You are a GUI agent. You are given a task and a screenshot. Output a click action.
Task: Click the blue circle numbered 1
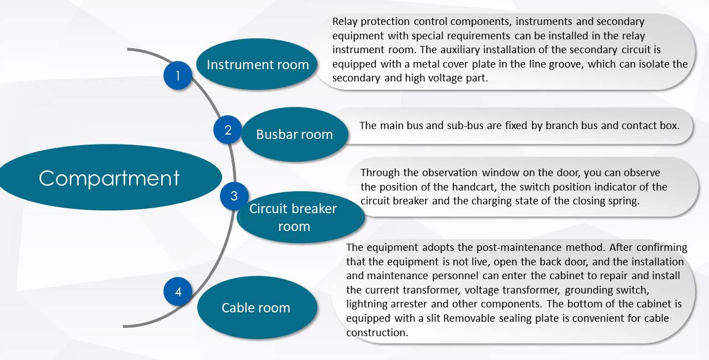pyautogui.click(x=178, y=75)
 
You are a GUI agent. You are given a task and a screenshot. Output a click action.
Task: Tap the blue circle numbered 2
pyautogui.click(x=228, y=130)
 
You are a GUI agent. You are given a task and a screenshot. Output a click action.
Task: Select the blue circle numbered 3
pyautogui.click(x=234, y=196)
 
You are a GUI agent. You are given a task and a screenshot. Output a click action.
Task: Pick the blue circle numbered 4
pyautogui.click(x=178, y=291)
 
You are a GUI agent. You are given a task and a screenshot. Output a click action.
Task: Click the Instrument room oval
pyautogui.click(x=257, y=64)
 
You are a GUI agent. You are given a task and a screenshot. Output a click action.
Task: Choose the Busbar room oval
pyautogui.click(x=294, y=135)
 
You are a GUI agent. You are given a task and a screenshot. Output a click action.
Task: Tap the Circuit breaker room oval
pyautogui.click(x=301, y=217)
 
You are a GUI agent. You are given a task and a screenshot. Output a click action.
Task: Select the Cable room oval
pyautogui.click(x=257, y=307)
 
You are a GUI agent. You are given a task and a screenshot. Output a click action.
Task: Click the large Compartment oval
pyautogui.click(x=109, y=177)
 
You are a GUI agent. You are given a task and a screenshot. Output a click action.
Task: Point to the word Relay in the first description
pyautogui.click(x=345, y=22)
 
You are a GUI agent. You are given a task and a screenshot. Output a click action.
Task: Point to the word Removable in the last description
pyautogui.click(x=469, y=318)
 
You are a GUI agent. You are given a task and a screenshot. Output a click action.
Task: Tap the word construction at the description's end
pyautogui.click(x=377, y=332)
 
